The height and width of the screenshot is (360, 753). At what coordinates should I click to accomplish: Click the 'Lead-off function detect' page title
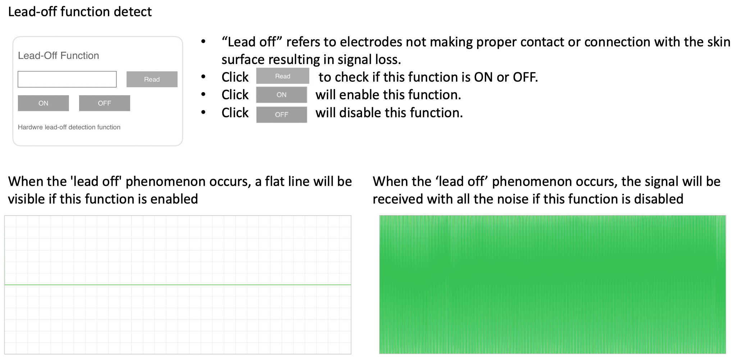tap(80, 12)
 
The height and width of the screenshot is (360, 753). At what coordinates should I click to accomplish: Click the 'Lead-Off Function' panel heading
tap(58, 56)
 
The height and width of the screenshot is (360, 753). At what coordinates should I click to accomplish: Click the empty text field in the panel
tap(67, 79)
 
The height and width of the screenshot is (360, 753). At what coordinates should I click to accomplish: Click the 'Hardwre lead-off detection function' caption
tap(69, 127)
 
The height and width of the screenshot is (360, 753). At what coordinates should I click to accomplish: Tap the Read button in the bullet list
tap(283, 76)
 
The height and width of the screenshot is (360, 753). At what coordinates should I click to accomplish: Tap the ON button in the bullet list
tap(282, 95)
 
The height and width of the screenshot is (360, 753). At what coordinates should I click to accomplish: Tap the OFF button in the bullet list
tap(282, 115)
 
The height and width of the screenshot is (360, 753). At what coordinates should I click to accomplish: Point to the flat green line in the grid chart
tap(178, 285)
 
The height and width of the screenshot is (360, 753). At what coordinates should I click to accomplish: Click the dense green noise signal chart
tap(553, 284)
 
